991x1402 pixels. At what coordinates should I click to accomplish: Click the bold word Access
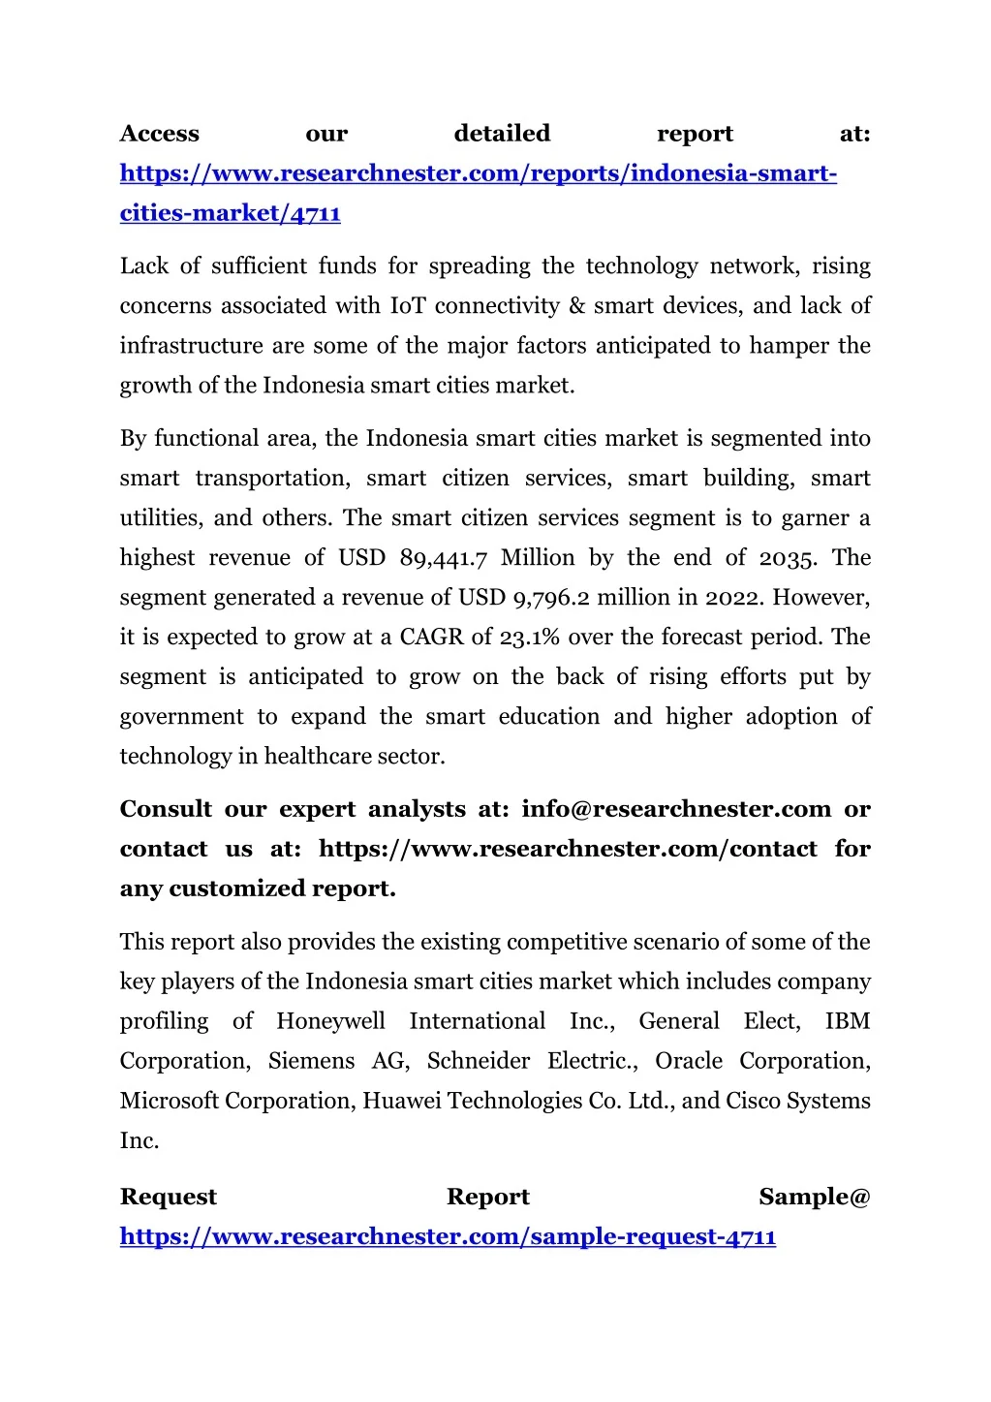pyautogui.click(x=159, y=134)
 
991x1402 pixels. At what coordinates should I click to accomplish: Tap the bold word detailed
pyautogui.click(x=502, y=134)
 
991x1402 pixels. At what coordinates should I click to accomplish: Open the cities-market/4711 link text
pyautogui.click(x=230, y=213)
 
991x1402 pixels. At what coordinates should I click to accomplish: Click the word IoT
pyautogui.click(x=408, y=306)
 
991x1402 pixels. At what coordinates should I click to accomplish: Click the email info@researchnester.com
pyautogui.click(x=676, y=809)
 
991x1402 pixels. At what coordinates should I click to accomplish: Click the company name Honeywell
pyautogui.click(x=330, y=1021)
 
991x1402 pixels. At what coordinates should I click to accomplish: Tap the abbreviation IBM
pyautogui.click(x=848, y=1021)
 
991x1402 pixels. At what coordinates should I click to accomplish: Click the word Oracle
pyautogui.click(x=689, y=1061)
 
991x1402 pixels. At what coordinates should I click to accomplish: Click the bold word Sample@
pyautogui.click(x=815, y=1198)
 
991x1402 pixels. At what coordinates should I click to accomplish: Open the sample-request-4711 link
pyautogui.click(x=448, y=1237)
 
